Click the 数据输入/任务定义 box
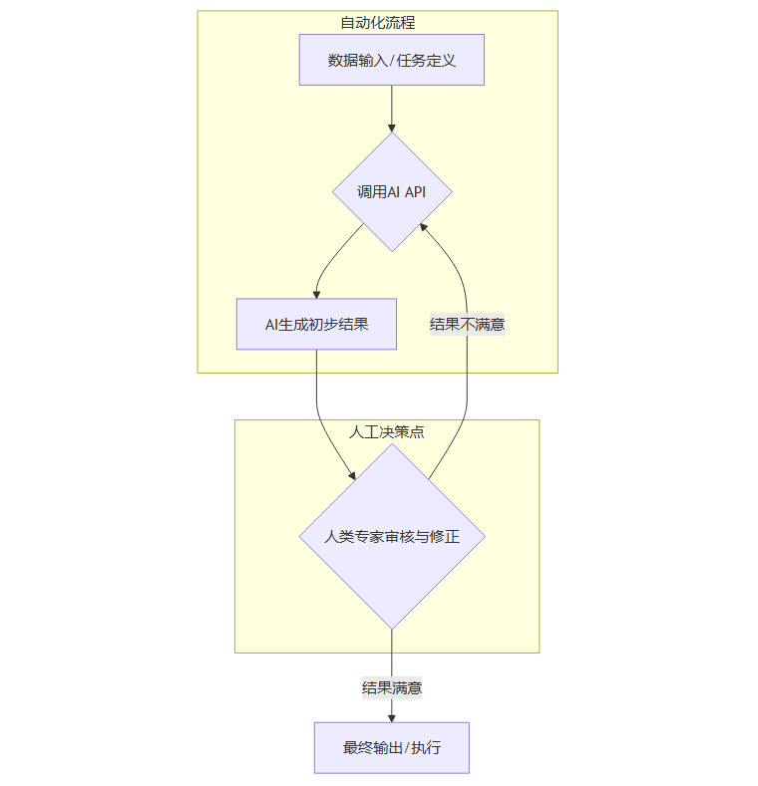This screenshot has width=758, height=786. click(x=391, y=60)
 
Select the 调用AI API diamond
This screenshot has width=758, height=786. click(x=391, y=192)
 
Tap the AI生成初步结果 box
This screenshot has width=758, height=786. click(x=316, y=324)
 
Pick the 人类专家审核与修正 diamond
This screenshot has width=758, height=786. click(x=391, y=536)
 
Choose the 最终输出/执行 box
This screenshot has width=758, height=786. click(x=391, y=747)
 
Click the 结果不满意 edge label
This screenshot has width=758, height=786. click(x=467, y=324)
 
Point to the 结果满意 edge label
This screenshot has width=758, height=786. click(x=391, y=687)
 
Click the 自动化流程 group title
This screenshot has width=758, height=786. click(x=377, y=22)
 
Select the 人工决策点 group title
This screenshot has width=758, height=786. click(x=386, y=431)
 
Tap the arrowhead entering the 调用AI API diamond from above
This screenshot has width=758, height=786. click(x=391, y=128)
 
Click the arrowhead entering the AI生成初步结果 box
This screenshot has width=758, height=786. click(x=316, y=293)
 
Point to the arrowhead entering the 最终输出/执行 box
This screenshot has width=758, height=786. click(x=391, y=716)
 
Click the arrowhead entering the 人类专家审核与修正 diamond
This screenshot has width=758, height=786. click(x=349, y=475)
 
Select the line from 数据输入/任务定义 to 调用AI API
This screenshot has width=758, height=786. click(x=391, y=105)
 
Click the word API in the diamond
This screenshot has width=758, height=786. click(x=414, y=192)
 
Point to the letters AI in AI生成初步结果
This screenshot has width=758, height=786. click(x=271, y=324)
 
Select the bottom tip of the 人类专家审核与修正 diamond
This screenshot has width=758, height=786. click(x=391, y=629)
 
